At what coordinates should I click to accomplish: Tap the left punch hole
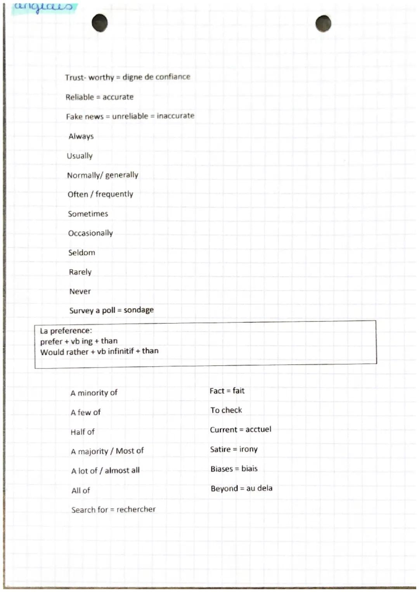[100, 23]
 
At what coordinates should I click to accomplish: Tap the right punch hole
[323, 24]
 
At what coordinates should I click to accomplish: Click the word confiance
[173, 77]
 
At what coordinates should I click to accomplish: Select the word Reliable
[80, 97]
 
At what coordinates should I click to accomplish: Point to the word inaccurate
[175, 116]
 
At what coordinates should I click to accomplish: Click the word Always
[81, 136]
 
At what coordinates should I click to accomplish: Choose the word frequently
[114, 194]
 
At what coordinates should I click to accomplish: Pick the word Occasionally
[90, 233]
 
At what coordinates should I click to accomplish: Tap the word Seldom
[81, 252]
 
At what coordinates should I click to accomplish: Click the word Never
[80, 291]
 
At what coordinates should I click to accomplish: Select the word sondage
[139, 310]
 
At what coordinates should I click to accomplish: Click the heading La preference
[66, 331]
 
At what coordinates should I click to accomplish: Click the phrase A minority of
[94, 393]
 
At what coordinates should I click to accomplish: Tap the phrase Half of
[82, 432]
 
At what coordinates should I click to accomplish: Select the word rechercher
[136, 509]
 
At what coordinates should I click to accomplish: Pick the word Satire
[220, 449]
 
